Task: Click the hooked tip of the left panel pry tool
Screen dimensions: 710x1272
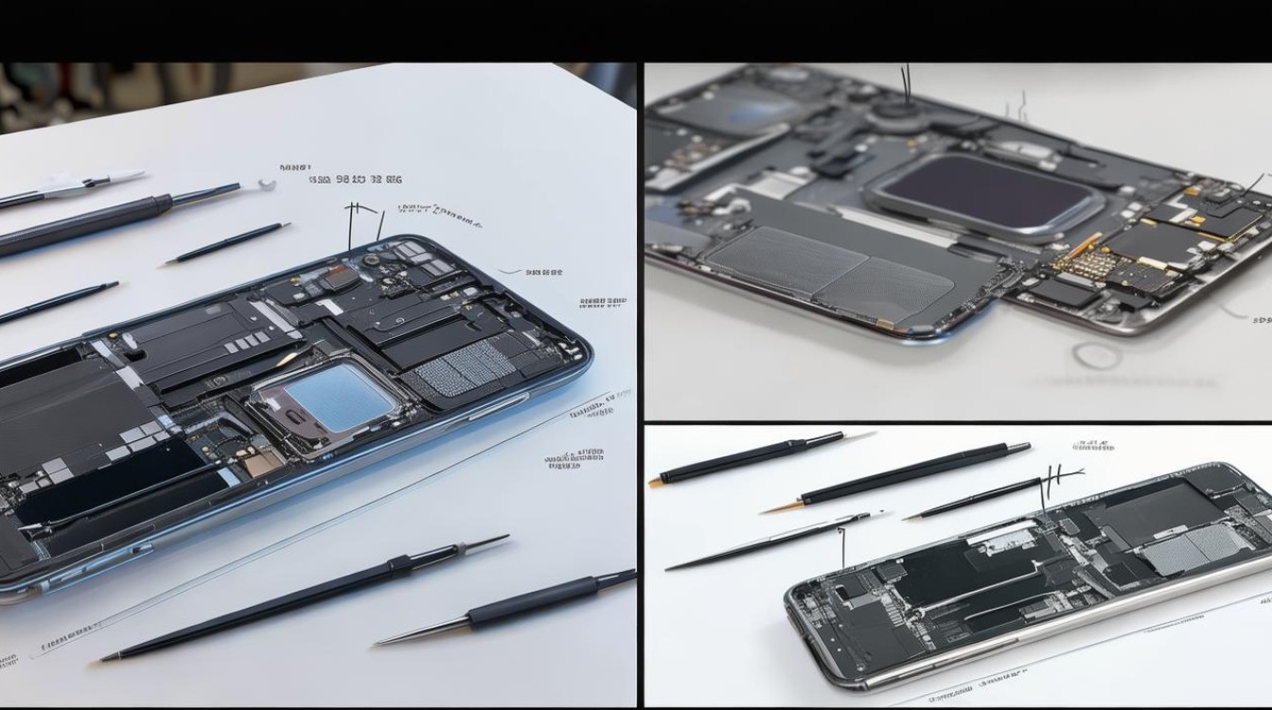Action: [266, 185]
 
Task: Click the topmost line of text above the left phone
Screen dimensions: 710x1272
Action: [296, 166]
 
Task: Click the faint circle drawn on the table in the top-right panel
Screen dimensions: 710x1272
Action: [1097, 357]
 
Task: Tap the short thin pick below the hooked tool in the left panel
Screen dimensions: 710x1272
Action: [227, 243]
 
